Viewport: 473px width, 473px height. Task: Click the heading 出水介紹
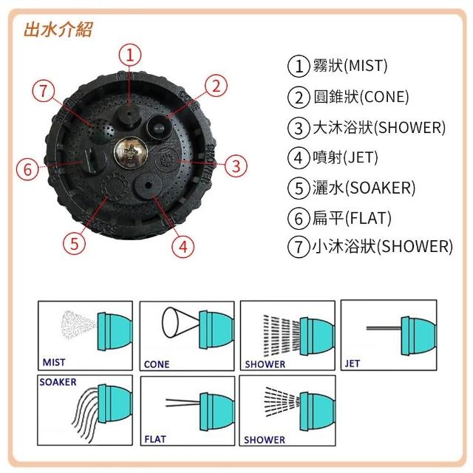(58, 30)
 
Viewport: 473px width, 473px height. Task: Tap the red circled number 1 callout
(129, 54)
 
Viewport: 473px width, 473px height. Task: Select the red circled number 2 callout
(214, 86)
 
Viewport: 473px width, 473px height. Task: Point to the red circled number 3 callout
(235, 166)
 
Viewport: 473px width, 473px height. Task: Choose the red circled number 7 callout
(44, 92)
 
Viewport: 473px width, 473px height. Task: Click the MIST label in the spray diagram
(54, 363)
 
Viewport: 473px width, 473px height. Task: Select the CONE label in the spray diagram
(157, 364)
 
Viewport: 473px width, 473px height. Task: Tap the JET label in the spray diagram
(353, 364)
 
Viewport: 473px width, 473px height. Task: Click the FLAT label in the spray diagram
(155, 439)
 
